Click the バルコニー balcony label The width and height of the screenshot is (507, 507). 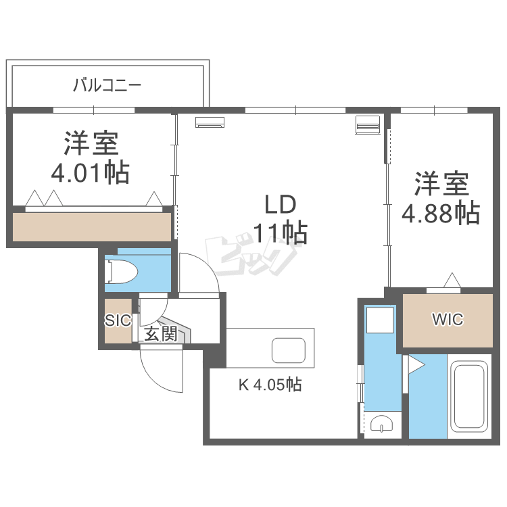click(107, 86)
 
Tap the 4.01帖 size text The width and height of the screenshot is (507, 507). click(90, 174)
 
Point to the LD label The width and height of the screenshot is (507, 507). click(280, 204)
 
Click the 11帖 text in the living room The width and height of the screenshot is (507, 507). click(280, 233)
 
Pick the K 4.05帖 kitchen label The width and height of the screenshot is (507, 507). click(269, 385)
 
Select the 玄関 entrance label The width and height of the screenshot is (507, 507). click(161, 333)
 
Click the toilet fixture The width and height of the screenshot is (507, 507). click(122, 272)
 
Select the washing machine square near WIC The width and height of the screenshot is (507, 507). click(379, 320)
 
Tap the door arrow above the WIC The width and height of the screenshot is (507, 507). click(452, 280)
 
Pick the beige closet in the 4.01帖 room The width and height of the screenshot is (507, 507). click(92, 227)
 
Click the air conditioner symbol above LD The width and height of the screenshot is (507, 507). click(210, 122)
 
